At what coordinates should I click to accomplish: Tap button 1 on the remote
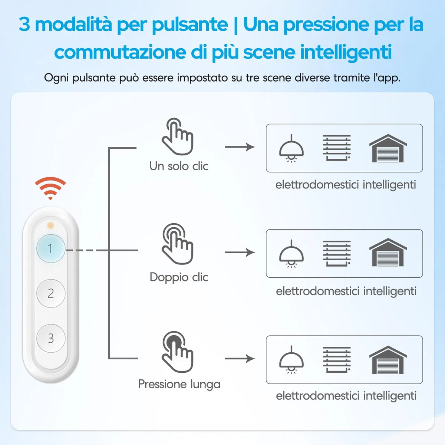pyautogui.click(x=51, y=248)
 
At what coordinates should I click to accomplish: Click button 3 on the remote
pyautogui.click(x=51, y=338)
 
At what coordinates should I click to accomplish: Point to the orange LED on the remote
pyautogui.click(x=50, y=225)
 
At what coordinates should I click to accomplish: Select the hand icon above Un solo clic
pyautogui.click(x=178, y=136)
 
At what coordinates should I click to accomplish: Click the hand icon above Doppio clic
pyautogui.click(x=178, y=244)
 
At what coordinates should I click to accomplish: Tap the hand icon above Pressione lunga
pyautogui.click(x=178, y=352)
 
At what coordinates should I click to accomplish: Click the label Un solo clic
pyautogui.click(x=179, y=166)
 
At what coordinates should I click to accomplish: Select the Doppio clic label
pyautogui.click(x=179, y=277)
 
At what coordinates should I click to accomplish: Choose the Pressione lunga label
pyautogui.click(x=179, y=385)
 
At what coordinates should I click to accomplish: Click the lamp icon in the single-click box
pyautogui.click(x=291, y=148)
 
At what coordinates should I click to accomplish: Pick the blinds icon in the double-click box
pyautogui.click(x=337, y=253)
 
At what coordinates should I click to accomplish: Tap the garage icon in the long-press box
pyautogui.click(x=388, y=360)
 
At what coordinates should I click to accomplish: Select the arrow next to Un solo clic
pyautogui.click(x=240, y=147)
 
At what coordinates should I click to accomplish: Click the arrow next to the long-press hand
pyautogui.click(x=240, y=359)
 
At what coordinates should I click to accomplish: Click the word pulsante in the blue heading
pyautogui.click(x=190, y=25)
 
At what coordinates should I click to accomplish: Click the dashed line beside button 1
pyautogui.click(x=87, y=250)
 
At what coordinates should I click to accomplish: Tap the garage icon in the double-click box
pyautogui.click(x=388, y=252)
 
